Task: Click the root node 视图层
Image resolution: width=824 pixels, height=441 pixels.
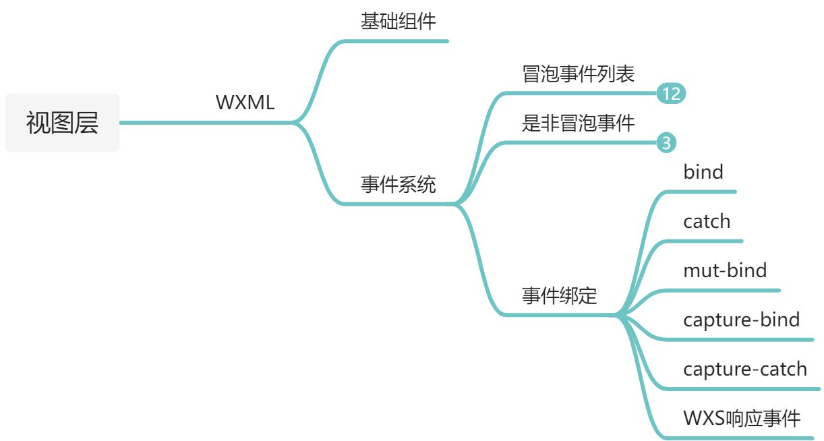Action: pyautogui.click(x=62, y=123)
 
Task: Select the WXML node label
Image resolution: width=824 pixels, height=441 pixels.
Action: pyautogui.click(x=245, y=103)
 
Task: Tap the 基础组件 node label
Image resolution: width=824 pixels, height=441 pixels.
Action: pyautogui.click(x=398, y=22)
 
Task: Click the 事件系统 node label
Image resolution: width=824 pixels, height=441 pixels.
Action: pyautogui.click(x=398, y=184)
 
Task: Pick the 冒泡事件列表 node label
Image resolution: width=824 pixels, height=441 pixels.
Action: pyautogui.click(x=578, y=73)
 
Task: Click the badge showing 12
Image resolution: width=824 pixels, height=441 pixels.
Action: pyautogui.click(x=671, y=94)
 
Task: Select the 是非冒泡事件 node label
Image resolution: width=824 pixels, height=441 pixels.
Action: pyautogui.click(x=578, y=123)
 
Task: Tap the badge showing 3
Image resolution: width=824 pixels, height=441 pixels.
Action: pyautogui.click(x=666, y=143)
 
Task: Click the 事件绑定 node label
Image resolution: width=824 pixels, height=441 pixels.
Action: pyautogui.click(x=559, y=295)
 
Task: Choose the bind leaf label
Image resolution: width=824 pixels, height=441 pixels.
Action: pyautogui.click(x=703, y=172)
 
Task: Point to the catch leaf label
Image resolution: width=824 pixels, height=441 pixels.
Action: pyautogui.click(x=706, y=221)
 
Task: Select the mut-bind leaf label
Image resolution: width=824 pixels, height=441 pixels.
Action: pyautogui.click(x=725, y=270)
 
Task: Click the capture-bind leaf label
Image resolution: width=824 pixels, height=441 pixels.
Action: pyautogui.click(x=741, y=320)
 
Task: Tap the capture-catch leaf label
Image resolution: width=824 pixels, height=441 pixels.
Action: pyautogui.click(x=744, y=369)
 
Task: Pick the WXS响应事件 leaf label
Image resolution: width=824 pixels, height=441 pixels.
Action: pyautogui.click(x=741, y=418)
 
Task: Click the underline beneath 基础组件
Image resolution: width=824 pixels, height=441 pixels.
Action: pyautogui.click(x=398, y=41)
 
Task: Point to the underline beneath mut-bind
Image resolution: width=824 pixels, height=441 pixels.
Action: pyautogui.click(x=725, y=291)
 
